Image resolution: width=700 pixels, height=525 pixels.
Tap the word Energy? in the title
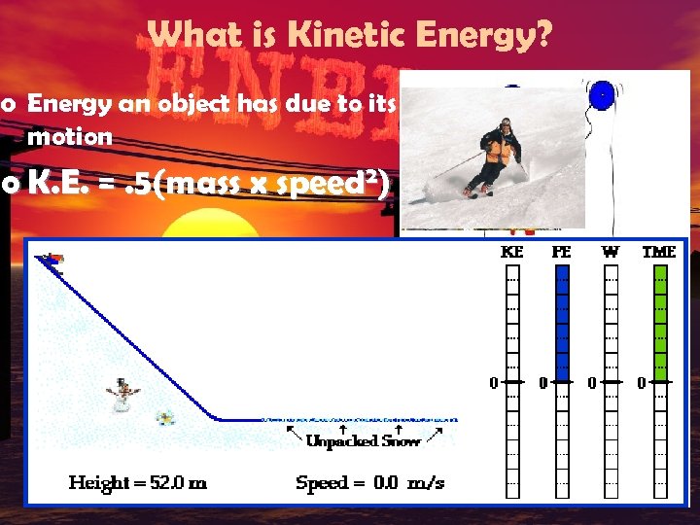(495, 37)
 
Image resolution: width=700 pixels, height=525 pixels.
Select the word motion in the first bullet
(70, 137)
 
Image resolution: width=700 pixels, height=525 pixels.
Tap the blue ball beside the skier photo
(603, 96)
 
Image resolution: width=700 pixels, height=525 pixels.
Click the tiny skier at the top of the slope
(50, 259)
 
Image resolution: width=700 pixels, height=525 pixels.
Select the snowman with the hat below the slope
(123, 394)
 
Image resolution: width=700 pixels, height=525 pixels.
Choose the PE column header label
(561, 252)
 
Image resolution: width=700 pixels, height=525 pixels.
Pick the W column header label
(610, 252)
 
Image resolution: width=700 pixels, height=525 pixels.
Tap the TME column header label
(659, 252)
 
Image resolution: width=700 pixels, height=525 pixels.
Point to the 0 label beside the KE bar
(493, 383)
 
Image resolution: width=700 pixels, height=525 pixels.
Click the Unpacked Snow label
(363, 440)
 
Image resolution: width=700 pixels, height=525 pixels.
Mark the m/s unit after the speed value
(425, 483)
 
